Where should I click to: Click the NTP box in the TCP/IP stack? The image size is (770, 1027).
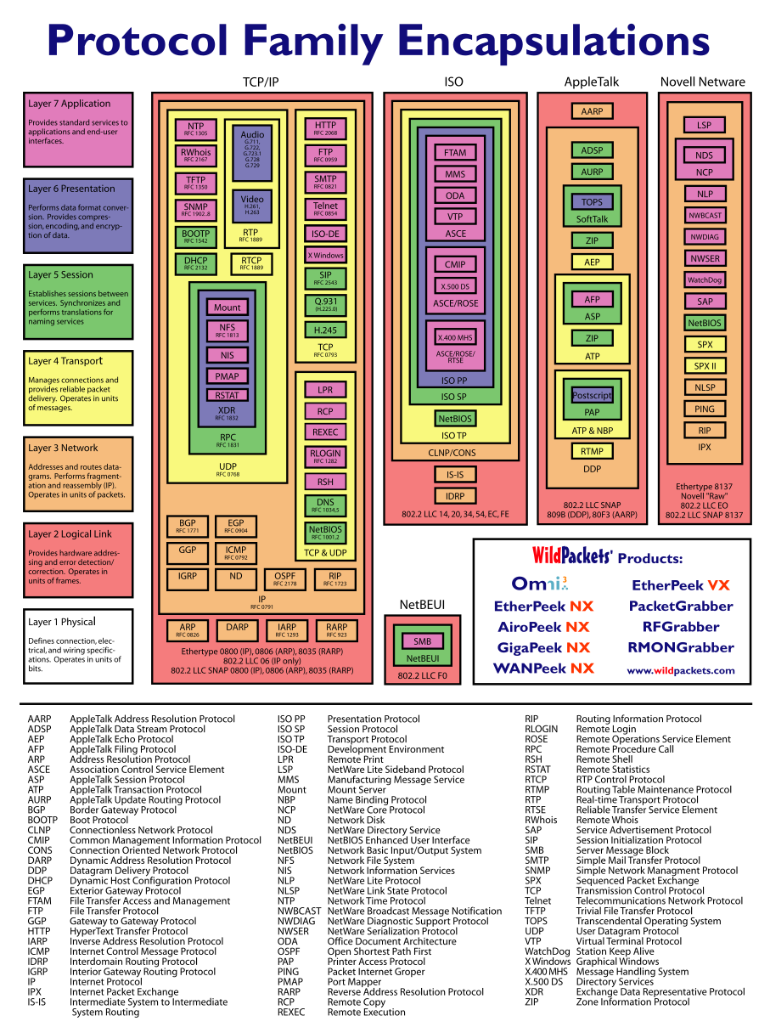click(x=195, y=128)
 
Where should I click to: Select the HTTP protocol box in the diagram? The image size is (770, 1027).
click(x=325, y=128)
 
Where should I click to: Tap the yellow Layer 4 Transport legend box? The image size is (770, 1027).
click(x=78, y=387)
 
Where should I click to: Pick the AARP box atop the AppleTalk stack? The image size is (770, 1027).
click(x=592, y=111)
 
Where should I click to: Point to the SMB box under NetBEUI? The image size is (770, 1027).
click(x=422, y=641)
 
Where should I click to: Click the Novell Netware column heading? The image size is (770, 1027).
click(x=702, y=82)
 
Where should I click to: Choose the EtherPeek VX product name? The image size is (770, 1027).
click(x=680, y=585)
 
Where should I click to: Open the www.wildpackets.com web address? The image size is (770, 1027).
click(x=681, y=670)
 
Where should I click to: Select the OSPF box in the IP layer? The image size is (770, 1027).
click(x=284, y=579)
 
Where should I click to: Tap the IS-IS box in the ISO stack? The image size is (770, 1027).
click(x=455, y=474)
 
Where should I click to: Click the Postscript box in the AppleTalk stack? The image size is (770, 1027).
click(x=592, y=396)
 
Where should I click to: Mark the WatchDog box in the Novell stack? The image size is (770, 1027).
click(x=705, y=279)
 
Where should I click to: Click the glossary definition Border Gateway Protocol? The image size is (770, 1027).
click(x=123, y=810)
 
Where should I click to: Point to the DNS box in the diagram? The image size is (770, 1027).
click(x=325, y=505)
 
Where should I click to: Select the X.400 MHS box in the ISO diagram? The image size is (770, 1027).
click(x=455, y=337)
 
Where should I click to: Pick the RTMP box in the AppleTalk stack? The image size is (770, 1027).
click(x=592, y=451)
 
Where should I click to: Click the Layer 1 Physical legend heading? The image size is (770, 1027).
click(x=62, y=622)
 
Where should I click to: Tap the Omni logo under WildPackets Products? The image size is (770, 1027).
click(x=539, y=584)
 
